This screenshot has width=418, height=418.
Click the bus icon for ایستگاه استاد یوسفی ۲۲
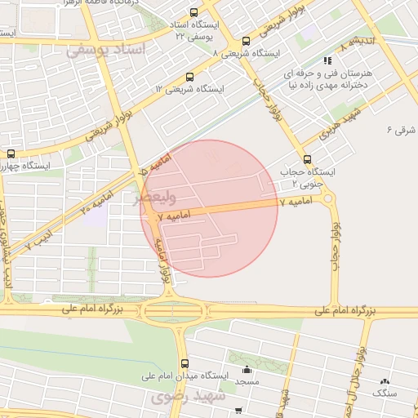click(193, 13)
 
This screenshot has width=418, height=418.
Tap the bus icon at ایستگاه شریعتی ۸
click(246, 42)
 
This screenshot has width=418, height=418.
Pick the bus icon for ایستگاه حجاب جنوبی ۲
click(307, 159)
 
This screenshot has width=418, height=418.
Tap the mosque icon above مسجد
click(247, 370)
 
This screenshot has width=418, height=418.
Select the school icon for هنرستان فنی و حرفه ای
click(327, 60)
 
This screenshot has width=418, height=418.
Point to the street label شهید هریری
click(335, 131)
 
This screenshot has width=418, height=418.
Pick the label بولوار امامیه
click(164, 261)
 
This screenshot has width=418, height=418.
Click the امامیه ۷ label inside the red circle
click(174, 216)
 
